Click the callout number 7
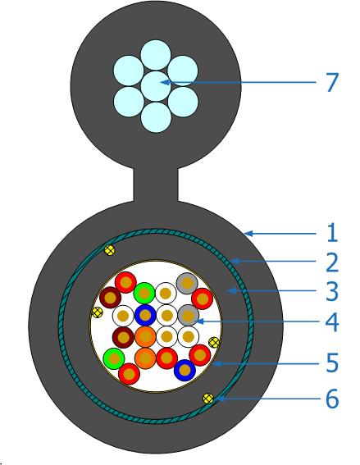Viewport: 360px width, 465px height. coord(332,82)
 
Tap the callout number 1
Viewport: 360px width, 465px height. coord(332,233)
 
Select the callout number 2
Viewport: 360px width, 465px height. coord(332,262)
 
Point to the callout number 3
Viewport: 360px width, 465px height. coord(332,291)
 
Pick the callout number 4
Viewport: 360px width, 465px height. coord(332,321)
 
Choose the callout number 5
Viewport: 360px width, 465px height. coord(332,362)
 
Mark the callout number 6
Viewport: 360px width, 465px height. coord(332,399)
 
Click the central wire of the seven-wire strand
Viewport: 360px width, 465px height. coord(156,86)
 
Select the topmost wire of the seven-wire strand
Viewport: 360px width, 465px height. coord(156,55)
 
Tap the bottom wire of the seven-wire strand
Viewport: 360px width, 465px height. coord(156,117)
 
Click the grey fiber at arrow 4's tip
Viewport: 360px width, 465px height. coord(188,315)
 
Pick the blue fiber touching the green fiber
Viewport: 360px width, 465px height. coord(145,315)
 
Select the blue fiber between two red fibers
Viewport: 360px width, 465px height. coord(185,370)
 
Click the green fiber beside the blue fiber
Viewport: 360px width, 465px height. coord(144,294)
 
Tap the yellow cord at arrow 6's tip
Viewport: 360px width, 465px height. coord(208,398)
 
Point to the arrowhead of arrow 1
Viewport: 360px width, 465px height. coord(248,234)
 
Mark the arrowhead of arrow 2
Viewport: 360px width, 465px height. coord(235,262)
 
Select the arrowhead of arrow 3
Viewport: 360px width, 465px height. coord(231,291)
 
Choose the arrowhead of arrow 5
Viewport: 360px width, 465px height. coord(217,363)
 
